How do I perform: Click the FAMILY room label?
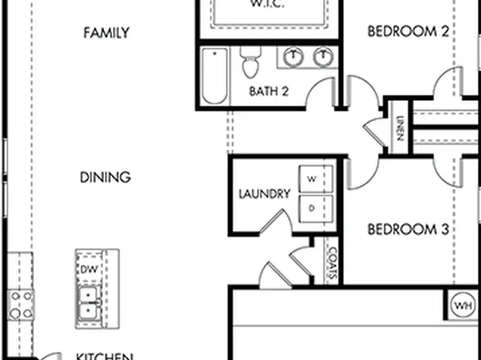tap(106, 33)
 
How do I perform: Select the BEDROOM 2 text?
tap(408, 32)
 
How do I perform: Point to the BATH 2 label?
tap(269, 91)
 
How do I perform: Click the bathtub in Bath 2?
tap(215, 77)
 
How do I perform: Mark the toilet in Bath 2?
tap(249, 61)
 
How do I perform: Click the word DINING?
tap(106, 178)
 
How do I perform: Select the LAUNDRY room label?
tap(264, 195)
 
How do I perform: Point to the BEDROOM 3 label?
tap(408, 230)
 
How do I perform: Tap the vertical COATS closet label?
tap(330, 263)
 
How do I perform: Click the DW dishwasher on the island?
tap(88, 269)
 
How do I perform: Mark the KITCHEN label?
tap(104, 355)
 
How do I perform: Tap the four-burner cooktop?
tap(20, 303)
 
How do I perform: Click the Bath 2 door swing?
tap(328, 94)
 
